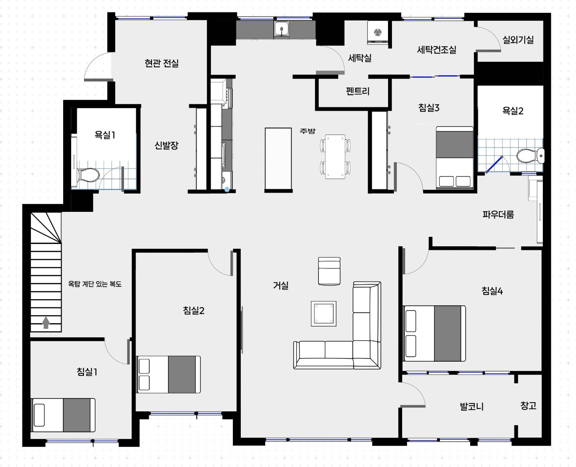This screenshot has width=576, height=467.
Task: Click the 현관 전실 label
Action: tap(162, 63)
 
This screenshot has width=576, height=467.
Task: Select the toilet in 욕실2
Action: tap(530, 156)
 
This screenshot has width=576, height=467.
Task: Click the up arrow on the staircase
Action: tap(46, 322)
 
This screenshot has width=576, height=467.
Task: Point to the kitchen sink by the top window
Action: tap(282, 29)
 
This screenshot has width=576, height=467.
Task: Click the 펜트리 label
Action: tap(358, 91)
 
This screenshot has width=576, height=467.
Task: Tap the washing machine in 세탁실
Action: tap(378, 32)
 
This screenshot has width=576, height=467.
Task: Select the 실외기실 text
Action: tap(518, 40)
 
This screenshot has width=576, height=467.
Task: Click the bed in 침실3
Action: tap(454, 157)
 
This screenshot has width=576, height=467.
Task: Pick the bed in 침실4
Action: tap(434, 333)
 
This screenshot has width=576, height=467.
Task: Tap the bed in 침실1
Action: tap(64, 415)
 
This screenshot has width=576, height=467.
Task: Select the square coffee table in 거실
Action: tap(324, 314)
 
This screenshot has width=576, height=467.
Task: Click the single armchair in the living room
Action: tap(329, 271)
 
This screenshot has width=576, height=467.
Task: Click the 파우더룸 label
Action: tap(498, 214)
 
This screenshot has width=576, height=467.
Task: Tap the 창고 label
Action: tap(528, 405)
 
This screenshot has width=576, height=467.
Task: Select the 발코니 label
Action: tap(472, 407)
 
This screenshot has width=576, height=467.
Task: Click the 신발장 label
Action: tap(166, 145)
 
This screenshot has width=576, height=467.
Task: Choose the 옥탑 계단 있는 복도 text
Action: tap(95, 284)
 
